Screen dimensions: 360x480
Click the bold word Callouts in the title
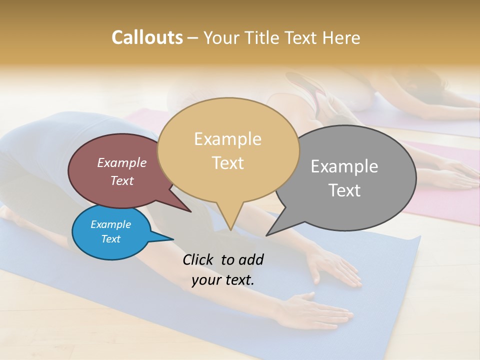[147, 37]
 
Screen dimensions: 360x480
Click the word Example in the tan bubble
[227, 139]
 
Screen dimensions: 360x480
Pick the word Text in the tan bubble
[227, 163]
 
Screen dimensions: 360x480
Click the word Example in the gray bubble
[344, 166]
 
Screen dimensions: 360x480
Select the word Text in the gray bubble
[344, 190]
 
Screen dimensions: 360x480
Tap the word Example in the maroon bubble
[121, 162]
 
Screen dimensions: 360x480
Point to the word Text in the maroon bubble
[121, 180]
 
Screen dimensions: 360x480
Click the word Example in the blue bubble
[110, 224]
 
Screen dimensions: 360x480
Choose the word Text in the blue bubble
[110, 239]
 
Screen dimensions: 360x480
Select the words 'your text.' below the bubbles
[223, 280]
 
